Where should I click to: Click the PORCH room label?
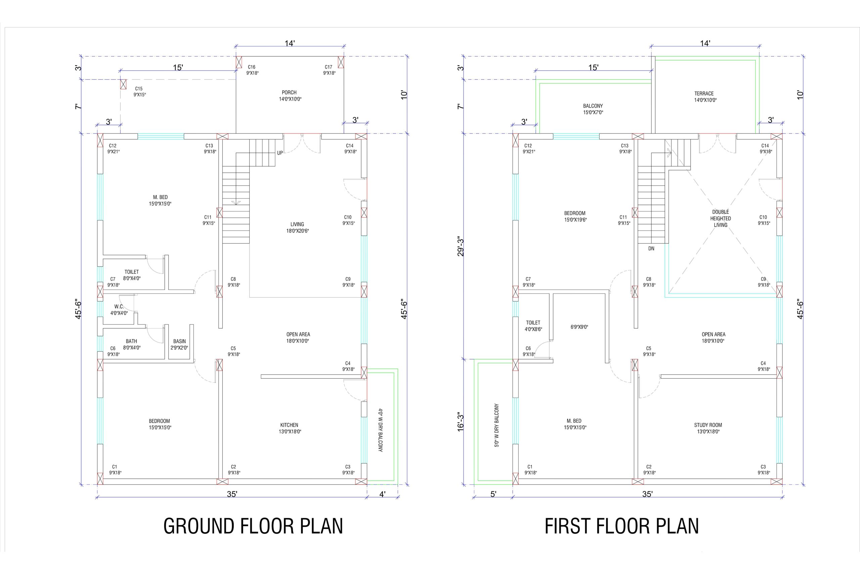tap(289, 92)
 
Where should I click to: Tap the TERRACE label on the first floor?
tap(704, 94)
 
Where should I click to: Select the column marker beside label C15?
tap(123, 84)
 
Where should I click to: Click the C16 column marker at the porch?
tap(239, 62)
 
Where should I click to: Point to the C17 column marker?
tap(341, 62)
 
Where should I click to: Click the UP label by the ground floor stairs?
tap(280, 153)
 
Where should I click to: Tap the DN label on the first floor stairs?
tap(651, 248)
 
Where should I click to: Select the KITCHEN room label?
tap(289, 425)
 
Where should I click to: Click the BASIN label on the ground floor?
tap(179, 342)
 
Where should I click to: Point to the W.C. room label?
tap(119, 306)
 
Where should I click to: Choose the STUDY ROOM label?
tap(708, 425)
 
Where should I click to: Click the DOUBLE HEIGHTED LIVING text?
tap(720, 219)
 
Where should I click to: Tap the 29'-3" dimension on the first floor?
tap(460, 247)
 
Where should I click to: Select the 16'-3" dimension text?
tap(460, 422)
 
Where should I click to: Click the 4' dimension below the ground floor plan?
tap(382, 494)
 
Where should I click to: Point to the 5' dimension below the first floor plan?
tap(493, 494)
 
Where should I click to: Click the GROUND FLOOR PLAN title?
tap(253, 526)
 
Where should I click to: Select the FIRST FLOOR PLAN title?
tap(621, 526)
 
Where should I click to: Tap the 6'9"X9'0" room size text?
tap(579, 327)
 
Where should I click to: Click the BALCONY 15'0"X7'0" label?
tap(593, 109)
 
